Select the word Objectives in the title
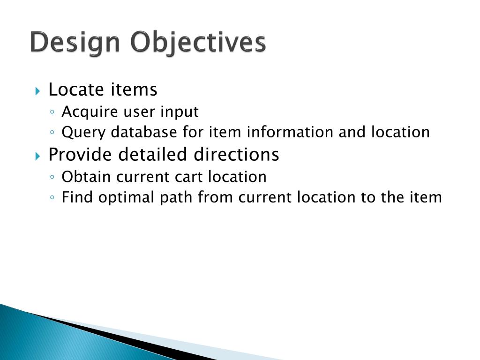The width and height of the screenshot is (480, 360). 198,43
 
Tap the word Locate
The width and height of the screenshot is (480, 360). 77,89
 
